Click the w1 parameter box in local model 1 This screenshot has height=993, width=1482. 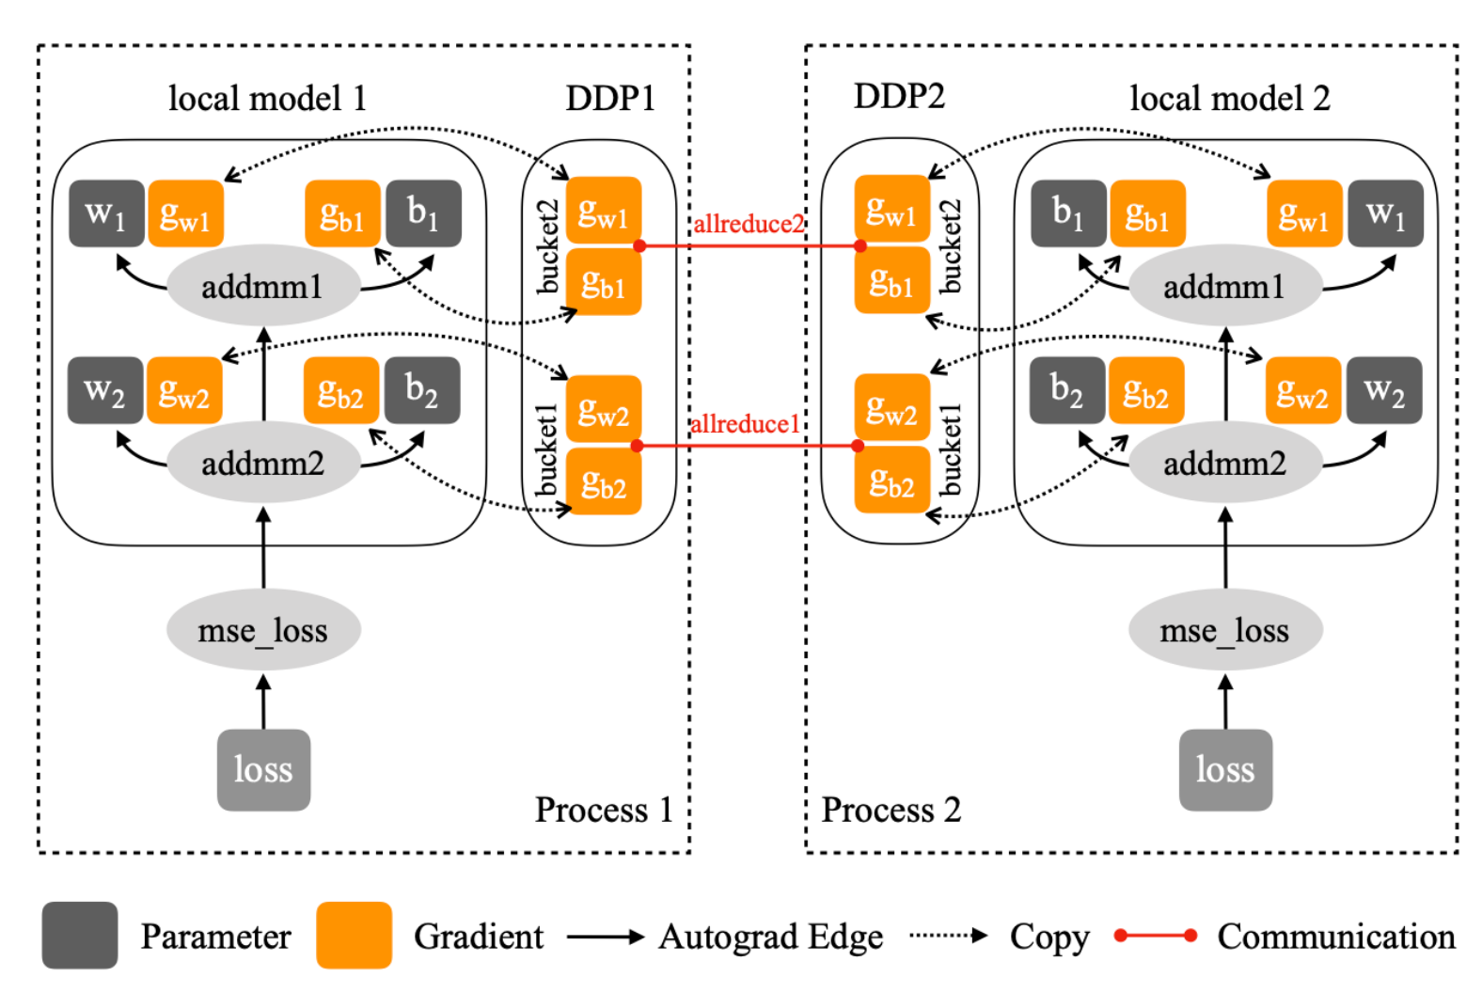pyautogui.click(x=106, y=213)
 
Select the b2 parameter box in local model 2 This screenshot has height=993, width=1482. pyautogui.click(x=1067, y=389)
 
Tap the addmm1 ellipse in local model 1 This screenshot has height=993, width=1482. pyautogui.click(x=263, y=285)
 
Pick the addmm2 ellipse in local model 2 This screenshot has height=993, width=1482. pyautogui.click(x=1225, y=462)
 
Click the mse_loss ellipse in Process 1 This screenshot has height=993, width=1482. pyautogui.click(x=263, y=629)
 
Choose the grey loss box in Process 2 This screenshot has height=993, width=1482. pyautogui.click(x=1225, y=770)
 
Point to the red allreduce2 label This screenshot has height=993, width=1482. pyautogui.click(x=749, y=224)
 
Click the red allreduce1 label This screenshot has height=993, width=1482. pyautogui.click(x=745, y=423)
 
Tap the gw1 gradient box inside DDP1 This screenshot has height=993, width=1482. pyautogui.click(x=604, y=211)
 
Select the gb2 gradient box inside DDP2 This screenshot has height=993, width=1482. pyautogui.click(x=891, y=480)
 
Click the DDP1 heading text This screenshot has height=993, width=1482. pyautogui.click(x=610, y=98)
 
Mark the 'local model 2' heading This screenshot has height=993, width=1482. pyautogui.click(x=1229, y=98)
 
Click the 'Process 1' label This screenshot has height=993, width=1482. pyautogui.click(x=604, y=809)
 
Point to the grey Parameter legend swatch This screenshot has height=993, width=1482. pyautogui.click(x=80, y=935)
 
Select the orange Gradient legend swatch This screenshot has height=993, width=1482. pyautogui.click(x=354, y=935)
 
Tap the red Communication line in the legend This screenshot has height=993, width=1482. pyautogui.click(x=1155, y=936)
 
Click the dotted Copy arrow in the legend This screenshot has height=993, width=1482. pyautogui.click(x=948, y=936)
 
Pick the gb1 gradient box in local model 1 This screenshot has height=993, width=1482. pyautogui.click(x=342, y=213)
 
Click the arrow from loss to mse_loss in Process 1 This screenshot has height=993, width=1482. pyautogui.click(x=263, y=701)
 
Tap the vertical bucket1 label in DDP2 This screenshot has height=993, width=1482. pyautogui.click(x=950, y=449)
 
